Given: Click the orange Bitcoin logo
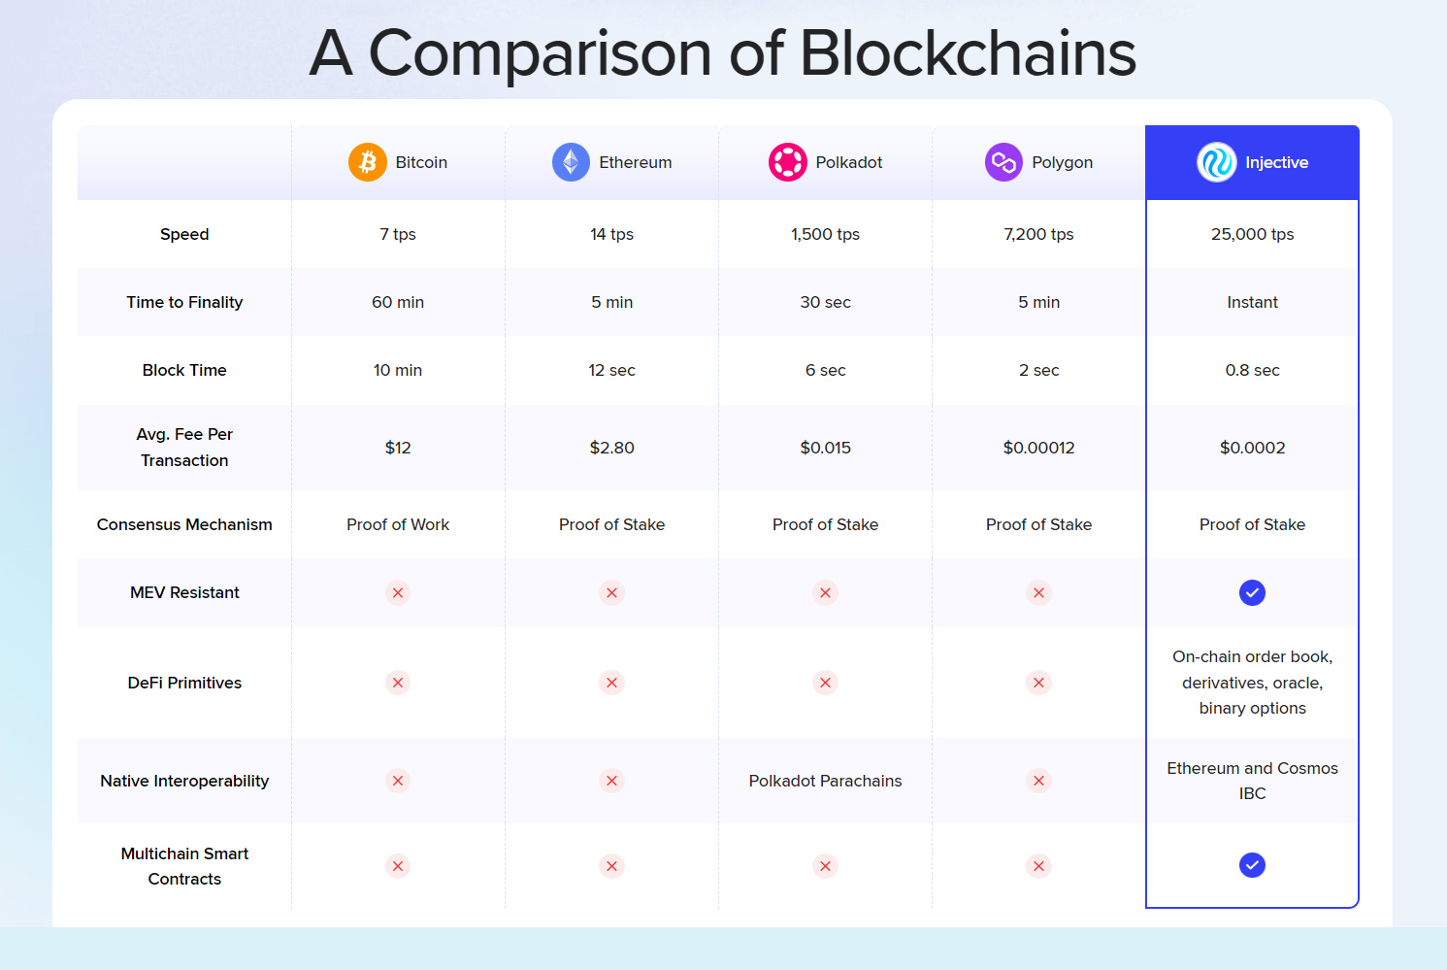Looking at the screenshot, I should (368, 162).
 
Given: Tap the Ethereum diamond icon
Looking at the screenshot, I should (571, 162).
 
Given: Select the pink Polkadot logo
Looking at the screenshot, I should (787, 162).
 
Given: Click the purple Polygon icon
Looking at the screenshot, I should (1003, 162).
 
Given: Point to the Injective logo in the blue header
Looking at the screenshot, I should (1216, 162).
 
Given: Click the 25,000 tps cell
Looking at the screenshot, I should (1252, 234).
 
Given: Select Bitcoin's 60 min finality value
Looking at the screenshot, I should (398, 302).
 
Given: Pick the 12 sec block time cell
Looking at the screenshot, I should (611, 370).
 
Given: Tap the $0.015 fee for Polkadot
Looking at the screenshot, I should (825, 448).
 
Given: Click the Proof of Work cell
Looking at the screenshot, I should (398, 524).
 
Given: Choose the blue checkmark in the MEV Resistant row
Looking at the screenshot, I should (1252, 592).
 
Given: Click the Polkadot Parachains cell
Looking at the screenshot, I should (825, 781).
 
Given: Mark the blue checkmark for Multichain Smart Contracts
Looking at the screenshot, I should (1252, 865).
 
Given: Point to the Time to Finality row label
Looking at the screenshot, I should (184, 302).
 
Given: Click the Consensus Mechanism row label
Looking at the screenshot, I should (184, 524).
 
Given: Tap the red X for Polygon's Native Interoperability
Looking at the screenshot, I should (1038, 781).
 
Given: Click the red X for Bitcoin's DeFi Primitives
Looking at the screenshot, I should (398, 683).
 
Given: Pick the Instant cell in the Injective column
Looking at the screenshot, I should (1252, 302).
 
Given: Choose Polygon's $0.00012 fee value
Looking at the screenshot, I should (1038, 448).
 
